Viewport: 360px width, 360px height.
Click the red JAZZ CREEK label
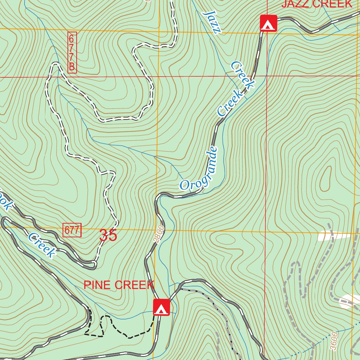317,4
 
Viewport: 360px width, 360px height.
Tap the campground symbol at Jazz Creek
268,23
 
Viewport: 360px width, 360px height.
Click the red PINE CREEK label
119,285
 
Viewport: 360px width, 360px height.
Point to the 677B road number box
72,52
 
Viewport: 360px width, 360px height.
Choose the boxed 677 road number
72,231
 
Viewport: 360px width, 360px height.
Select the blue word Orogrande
199,169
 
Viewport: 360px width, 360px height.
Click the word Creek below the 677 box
42,245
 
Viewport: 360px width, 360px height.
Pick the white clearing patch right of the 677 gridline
330,236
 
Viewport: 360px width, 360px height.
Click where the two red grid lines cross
266,76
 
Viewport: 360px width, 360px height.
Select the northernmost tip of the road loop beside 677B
55,63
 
